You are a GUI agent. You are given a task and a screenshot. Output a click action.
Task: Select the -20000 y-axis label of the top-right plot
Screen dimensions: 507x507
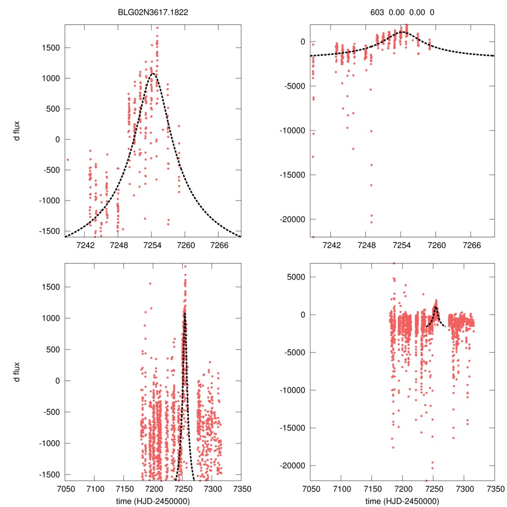click(x=291, y=219)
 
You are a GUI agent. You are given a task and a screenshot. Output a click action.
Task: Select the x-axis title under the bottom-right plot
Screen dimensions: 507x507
click(x=403, y=501)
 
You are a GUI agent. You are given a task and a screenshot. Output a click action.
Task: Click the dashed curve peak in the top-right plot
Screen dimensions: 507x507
click(x=402, y=32)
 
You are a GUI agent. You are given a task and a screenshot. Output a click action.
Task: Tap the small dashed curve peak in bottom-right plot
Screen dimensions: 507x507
click(x=435, y=307)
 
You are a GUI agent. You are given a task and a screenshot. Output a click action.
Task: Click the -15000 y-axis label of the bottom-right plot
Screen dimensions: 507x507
click(x=291, y=428)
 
